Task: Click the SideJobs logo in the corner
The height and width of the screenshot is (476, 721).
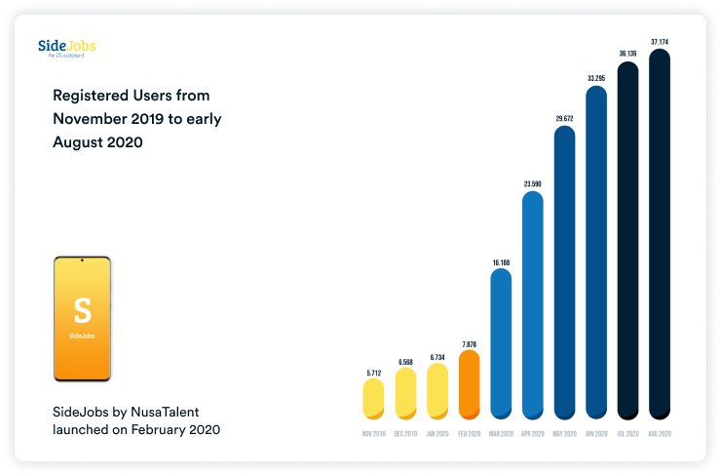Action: click(x=66, y=48)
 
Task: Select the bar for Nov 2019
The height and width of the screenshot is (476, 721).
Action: click(x=373, y=399)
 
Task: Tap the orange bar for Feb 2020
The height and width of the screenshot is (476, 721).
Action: click(x=469, y=385)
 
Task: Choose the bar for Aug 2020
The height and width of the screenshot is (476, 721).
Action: click(x=660, y=234)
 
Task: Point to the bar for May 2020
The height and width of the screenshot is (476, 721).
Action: click(x=564, y=272)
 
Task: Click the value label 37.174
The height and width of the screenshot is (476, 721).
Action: click(x=660, y=42)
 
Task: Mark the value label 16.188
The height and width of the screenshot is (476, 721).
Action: click(x=501, y=262)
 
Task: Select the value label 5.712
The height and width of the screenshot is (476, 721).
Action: click(x=373, y=373)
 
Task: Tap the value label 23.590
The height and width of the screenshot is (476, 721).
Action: click(x=532, y=184)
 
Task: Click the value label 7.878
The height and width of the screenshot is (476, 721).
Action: click(x=469, y=344)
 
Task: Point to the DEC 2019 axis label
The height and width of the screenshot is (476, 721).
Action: click(x=405, y=433)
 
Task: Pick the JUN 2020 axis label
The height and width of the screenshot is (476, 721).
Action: click(x=596, y=433)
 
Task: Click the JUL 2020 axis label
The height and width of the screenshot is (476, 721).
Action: click(x=627, y=433)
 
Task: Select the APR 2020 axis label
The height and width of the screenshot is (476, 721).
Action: click(x=532, y=433)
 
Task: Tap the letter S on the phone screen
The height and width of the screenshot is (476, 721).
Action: click(x=82, y=311)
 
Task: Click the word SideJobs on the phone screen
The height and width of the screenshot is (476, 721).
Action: click(x=82, y=337)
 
